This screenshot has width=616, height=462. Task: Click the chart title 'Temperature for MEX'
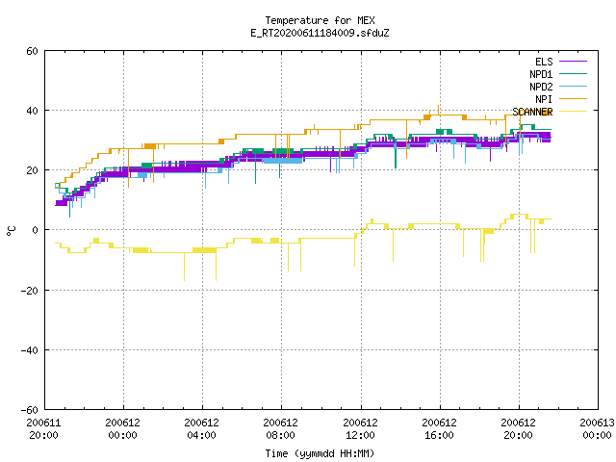(x=320, y=20)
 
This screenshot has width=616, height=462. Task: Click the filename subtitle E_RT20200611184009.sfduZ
(x=320, y=33)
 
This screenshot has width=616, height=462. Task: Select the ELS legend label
(x=544, y=62)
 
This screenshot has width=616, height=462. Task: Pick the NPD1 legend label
(x=541, y=74)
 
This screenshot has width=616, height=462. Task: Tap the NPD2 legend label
(x=541, y=87)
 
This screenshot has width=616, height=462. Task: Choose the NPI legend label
(x=544, y=99)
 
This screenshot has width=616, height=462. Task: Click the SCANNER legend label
(x=532, y=112)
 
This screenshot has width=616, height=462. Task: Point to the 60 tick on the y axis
(x=32, y=51)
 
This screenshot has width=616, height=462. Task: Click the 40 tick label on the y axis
(x=32, y=111)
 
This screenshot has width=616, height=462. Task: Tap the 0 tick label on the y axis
(x=36, y=230)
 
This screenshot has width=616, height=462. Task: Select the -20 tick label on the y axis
(x=30, y=291)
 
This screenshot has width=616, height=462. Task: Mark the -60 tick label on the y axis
(x=30, y=410)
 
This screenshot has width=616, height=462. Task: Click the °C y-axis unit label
(x=11, y=231)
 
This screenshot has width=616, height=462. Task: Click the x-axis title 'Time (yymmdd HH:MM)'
(x=320, y=453)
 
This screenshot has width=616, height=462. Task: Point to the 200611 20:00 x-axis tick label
(x=43, y=429)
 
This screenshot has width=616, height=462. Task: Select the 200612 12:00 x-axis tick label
(x=360, y=429)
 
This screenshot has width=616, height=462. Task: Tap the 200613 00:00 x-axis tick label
(x=597, y=429)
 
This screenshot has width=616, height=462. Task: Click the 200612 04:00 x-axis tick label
(x=201, y=429)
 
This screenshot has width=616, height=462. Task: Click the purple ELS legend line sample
(x=574, y=62)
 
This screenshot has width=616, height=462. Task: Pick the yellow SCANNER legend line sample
(x=574, y=112)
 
